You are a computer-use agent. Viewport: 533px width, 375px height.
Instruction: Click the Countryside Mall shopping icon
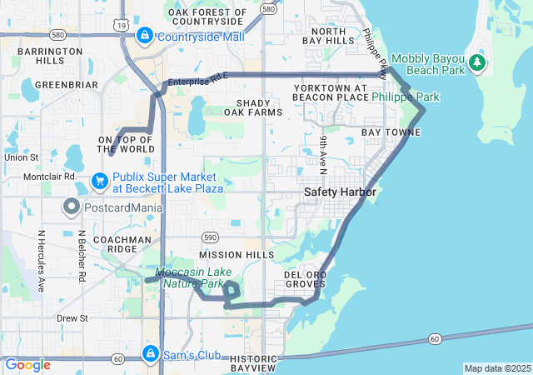(x=145, y=36)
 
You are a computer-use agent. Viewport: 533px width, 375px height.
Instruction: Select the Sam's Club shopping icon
(x=151, y=353)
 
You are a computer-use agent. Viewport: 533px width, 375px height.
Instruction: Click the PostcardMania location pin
(x=72, y=206)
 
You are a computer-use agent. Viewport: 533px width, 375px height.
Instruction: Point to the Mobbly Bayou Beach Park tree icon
(x=476, y=62)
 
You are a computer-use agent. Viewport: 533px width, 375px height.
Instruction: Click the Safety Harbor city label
(x=340, y=192)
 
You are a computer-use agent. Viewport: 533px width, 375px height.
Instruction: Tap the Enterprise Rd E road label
(x=197, y=79)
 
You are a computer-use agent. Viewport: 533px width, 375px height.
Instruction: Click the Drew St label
(x=72, y=318)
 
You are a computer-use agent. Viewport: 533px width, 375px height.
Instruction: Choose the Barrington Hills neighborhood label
(x=50, y=56)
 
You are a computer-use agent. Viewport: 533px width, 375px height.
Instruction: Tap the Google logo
(x=27, y=364)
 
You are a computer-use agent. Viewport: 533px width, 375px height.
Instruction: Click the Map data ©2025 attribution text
(x=496, y=368)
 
